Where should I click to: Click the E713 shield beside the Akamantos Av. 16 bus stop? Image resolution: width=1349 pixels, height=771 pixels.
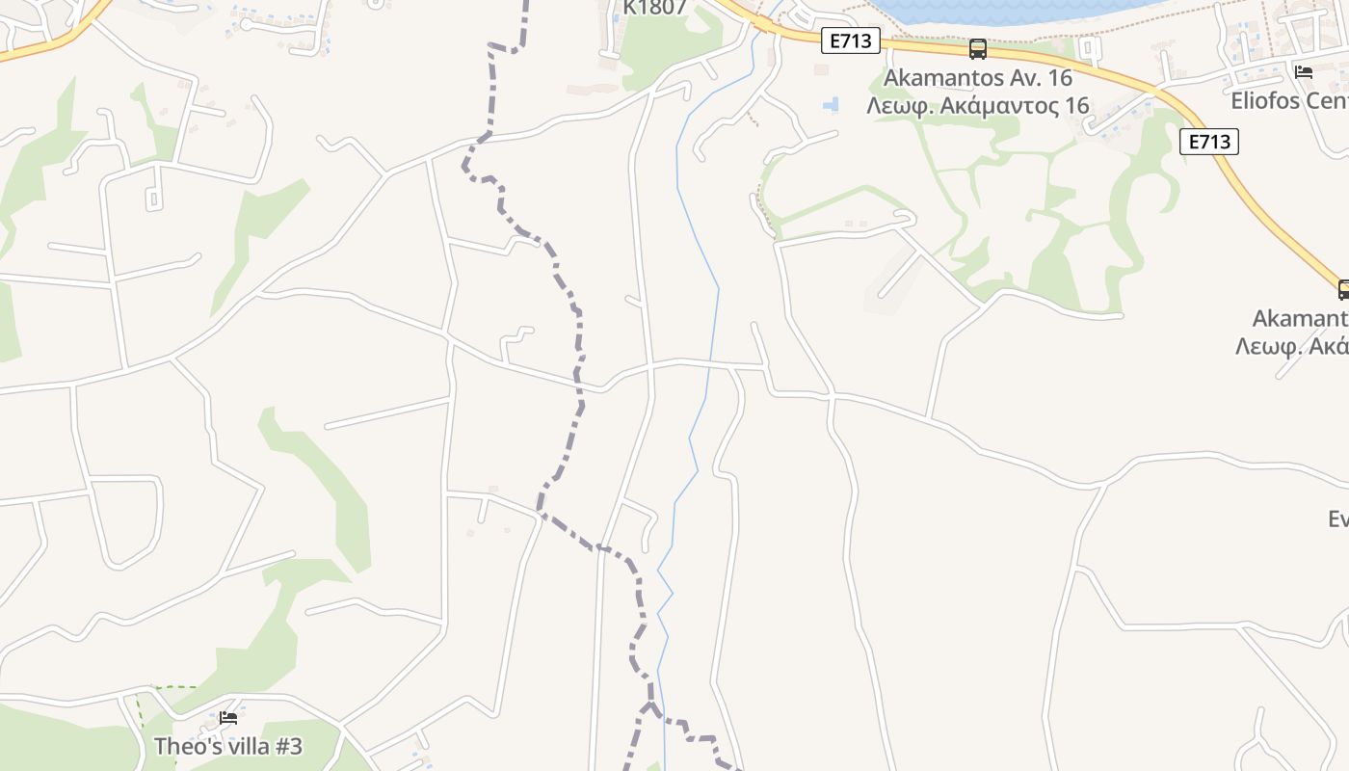tap(851, 40)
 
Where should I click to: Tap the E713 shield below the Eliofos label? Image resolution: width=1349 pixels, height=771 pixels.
tap(1208, 142)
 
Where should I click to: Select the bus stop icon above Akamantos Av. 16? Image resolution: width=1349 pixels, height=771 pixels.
tap(977, 48)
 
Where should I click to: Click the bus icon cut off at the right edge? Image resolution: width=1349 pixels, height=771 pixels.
tap(1344, 289)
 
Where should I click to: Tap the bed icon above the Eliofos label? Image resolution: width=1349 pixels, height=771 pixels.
tap(1304, 71)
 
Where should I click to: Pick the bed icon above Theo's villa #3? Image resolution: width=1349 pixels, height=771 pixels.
tap(228, 717)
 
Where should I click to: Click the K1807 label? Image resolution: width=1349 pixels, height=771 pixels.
tap(654, 8)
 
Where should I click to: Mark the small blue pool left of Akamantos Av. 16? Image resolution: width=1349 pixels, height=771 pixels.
tap(831, 104)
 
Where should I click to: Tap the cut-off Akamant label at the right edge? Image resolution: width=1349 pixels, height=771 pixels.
tap(1300, 318)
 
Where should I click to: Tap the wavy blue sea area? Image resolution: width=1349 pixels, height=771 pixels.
tap(1012, 12)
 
